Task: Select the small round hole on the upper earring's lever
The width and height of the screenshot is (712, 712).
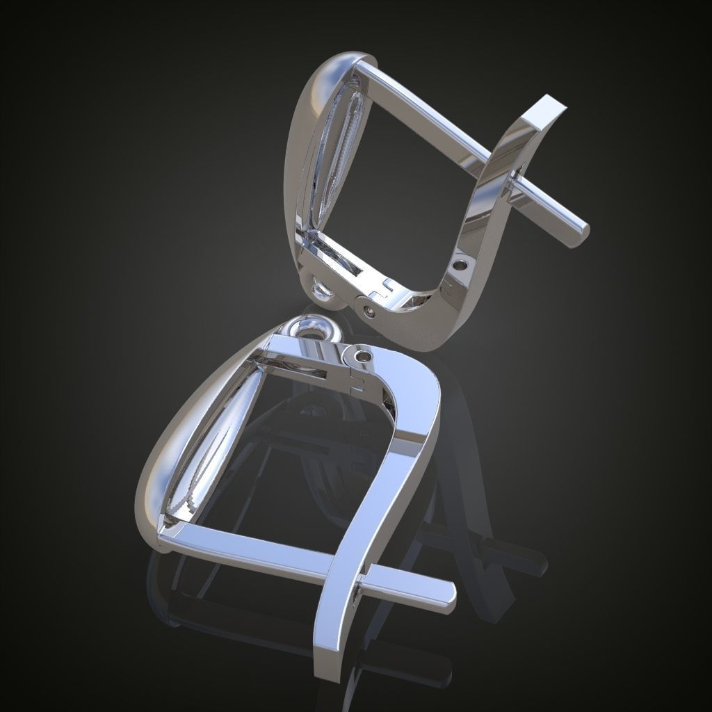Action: click(460, 264)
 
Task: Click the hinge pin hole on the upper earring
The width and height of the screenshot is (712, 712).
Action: click(370, 311)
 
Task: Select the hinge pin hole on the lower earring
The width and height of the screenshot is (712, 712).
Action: click(361, 356)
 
